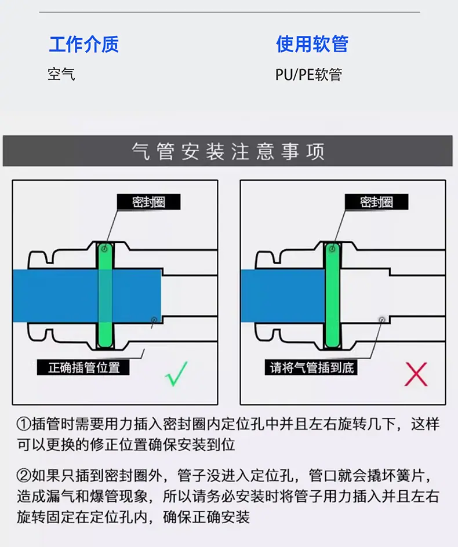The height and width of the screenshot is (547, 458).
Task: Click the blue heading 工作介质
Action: pyautogui.click(x=84, y=44)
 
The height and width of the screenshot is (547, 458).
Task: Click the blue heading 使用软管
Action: pyautogui.click(x=312, y=44)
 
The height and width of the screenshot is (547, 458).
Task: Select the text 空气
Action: pyautogui.click(x=61, y=74)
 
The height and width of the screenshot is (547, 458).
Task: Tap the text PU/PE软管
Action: pyautogui.click(x=308, y=75)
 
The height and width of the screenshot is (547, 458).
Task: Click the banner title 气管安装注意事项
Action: pyautogui.click(x=228, y=151)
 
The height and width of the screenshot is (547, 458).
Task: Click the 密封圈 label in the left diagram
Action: pyautogui.click(x=149, y=202)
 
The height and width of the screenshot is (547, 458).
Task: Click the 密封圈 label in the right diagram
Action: pyautogui.click(x=376, y=202)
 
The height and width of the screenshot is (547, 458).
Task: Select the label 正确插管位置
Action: pyautogui.click(x=83, y=367)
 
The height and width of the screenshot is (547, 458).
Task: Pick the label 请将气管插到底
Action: pyautogui.click(x=311, y=367)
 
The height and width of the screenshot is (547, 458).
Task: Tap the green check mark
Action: pyautogui.click(x=176, y=374)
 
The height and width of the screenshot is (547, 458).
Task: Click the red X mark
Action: pyautogui.click(x=416, y=374)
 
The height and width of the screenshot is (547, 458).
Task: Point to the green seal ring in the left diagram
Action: pyautogui.click(x=105, y=295)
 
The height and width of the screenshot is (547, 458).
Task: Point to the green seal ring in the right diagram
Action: pyautogui.click(x=332, y=295)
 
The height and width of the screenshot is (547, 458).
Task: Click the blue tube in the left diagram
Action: pyautogui.click(x=88, y=296)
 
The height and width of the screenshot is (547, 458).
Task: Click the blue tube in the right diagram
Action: pyautogui.click(x=283, y=296)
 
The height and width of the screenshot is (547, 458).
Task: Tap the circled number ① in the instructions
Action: pyautogui.click(x=24, y=424)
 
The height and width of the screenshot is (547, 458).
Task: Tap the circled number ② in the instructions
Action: pyautogui.click(x=24, y=476)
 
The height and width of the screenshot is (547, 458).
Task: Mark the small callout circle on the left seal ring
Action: pyautogui.click(x=104, y=249)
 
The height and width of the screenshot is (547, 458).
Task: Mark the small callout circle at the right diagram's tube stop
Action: pyautogui.click(x=382, y=319)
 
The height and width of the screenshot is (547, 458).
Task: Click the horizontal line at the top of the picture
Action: pyautogui.click(x=230, y=12)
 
